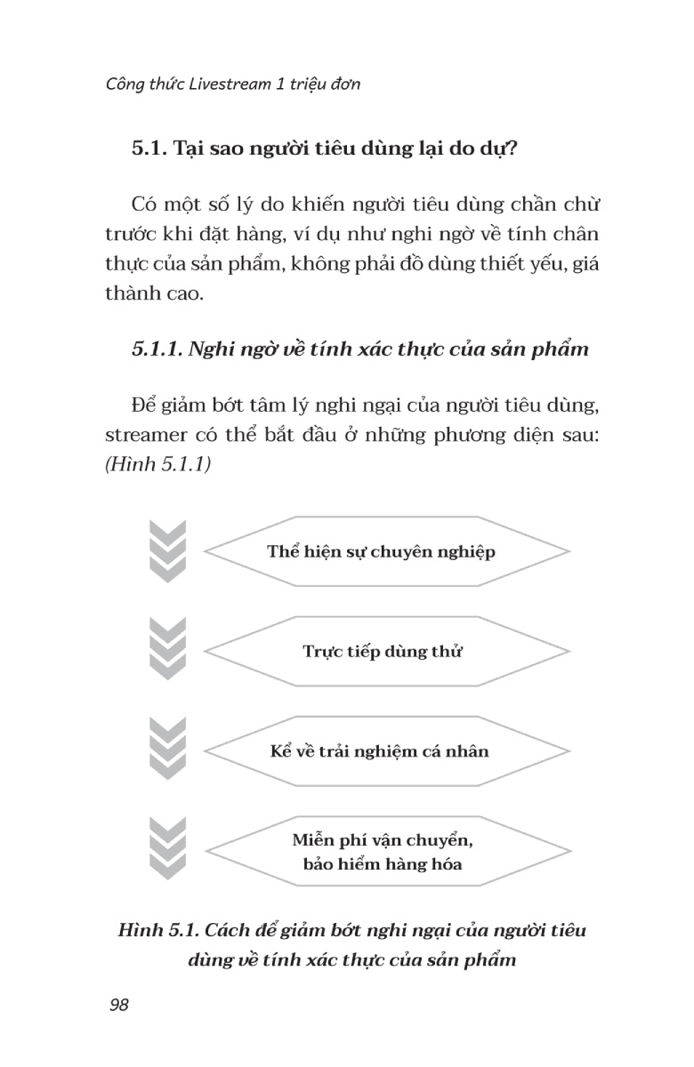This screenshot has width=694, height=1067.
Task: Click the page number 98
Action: click(x=119, y=1005)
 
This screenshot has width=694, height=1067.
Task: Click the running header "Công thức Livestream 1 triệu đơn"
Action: click(x=232, y=84)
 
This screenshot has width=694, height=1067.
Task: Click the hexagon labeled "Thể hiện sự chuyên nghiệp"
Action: click(x=381, y=551)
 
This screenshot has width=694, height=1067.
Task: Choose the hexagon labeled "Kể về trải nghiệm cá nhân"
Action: click(x=380, y=751)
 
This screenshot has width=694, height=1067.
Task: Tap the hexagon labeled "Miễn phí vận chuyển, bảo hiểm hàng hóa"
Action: click(x=381, y=851)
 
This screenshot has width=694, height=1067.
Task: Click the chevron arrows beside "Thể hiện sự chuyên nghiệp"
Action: click(x=168, y=551)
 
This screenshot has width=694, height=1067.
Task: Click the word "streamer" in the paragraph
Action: click(x=146, y=436)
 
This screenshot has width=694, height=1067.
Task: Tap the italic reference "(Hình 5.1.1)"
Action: click(x=157, y=465)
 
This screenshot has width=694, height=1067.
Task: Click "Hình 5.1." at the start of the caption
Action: click(x=157, y=931)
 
